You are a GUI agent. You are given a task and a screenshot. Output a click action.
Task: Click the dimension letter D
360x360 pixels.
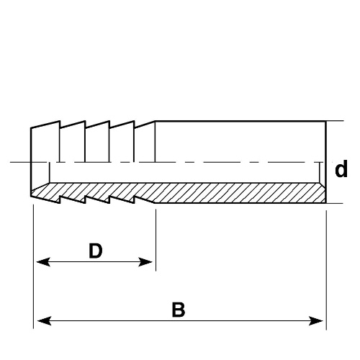click(x=96, y=251)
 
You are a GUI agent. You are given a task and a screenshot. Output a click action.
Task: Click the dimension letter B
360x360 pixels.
click(x=179, y=310)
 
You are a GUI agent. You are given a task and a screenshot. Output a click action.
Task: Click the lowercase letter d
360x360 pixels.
click(x=341, y=169)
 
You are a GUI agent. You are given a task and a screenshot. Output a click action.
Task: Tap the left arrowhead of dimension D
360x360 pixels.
click(x=43, y=262)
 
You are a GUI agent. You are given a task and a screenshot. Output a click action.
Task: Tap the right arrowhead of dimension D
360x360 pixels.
click(x=145, y=262)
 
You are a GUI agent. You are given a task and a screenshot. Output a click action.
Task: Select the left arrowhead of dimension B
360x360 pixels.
click(x=45, y=320)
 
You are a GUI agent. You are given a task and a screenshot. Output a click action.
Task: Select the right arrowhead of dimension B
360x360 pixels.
click(x=316, y=320)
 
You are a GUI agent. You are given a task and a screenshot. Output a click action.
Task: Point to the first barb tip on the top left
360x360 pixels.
click(x=60, y=121)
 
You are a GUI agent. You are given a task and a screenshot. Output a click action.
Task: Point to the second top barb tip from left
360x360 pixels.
click(x=85, y=121)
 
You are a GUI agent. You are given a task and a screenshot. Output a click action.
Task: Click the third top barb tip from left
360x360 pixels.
click(x=109, y=121)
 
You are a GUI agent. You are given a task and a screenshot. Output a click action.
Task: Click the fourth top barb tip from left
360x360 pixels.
click(x=134, y=121)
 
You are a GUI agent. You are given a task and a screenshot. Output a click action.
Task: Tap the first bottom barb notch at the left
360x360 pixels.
click(x=60, y=199)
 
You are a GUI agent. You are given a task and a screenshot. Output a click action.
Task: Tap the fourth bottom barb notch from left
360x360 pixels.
click(x=134, y=199)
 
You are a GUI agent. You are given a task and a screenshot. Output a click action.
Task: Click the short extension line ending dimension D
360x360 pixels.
click(x=156, y=240)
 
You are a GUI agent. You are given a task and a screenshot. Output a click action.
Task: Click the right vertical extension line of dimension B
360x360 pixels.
click(x=326, y=270)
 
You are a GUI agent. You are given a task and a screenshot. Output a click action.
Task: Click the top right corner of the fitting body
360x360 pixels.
click(x=325, y=121)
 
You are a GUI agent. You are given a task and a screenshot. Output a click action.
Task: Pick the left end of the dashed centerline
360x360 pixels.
click(x=10, y=162)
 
